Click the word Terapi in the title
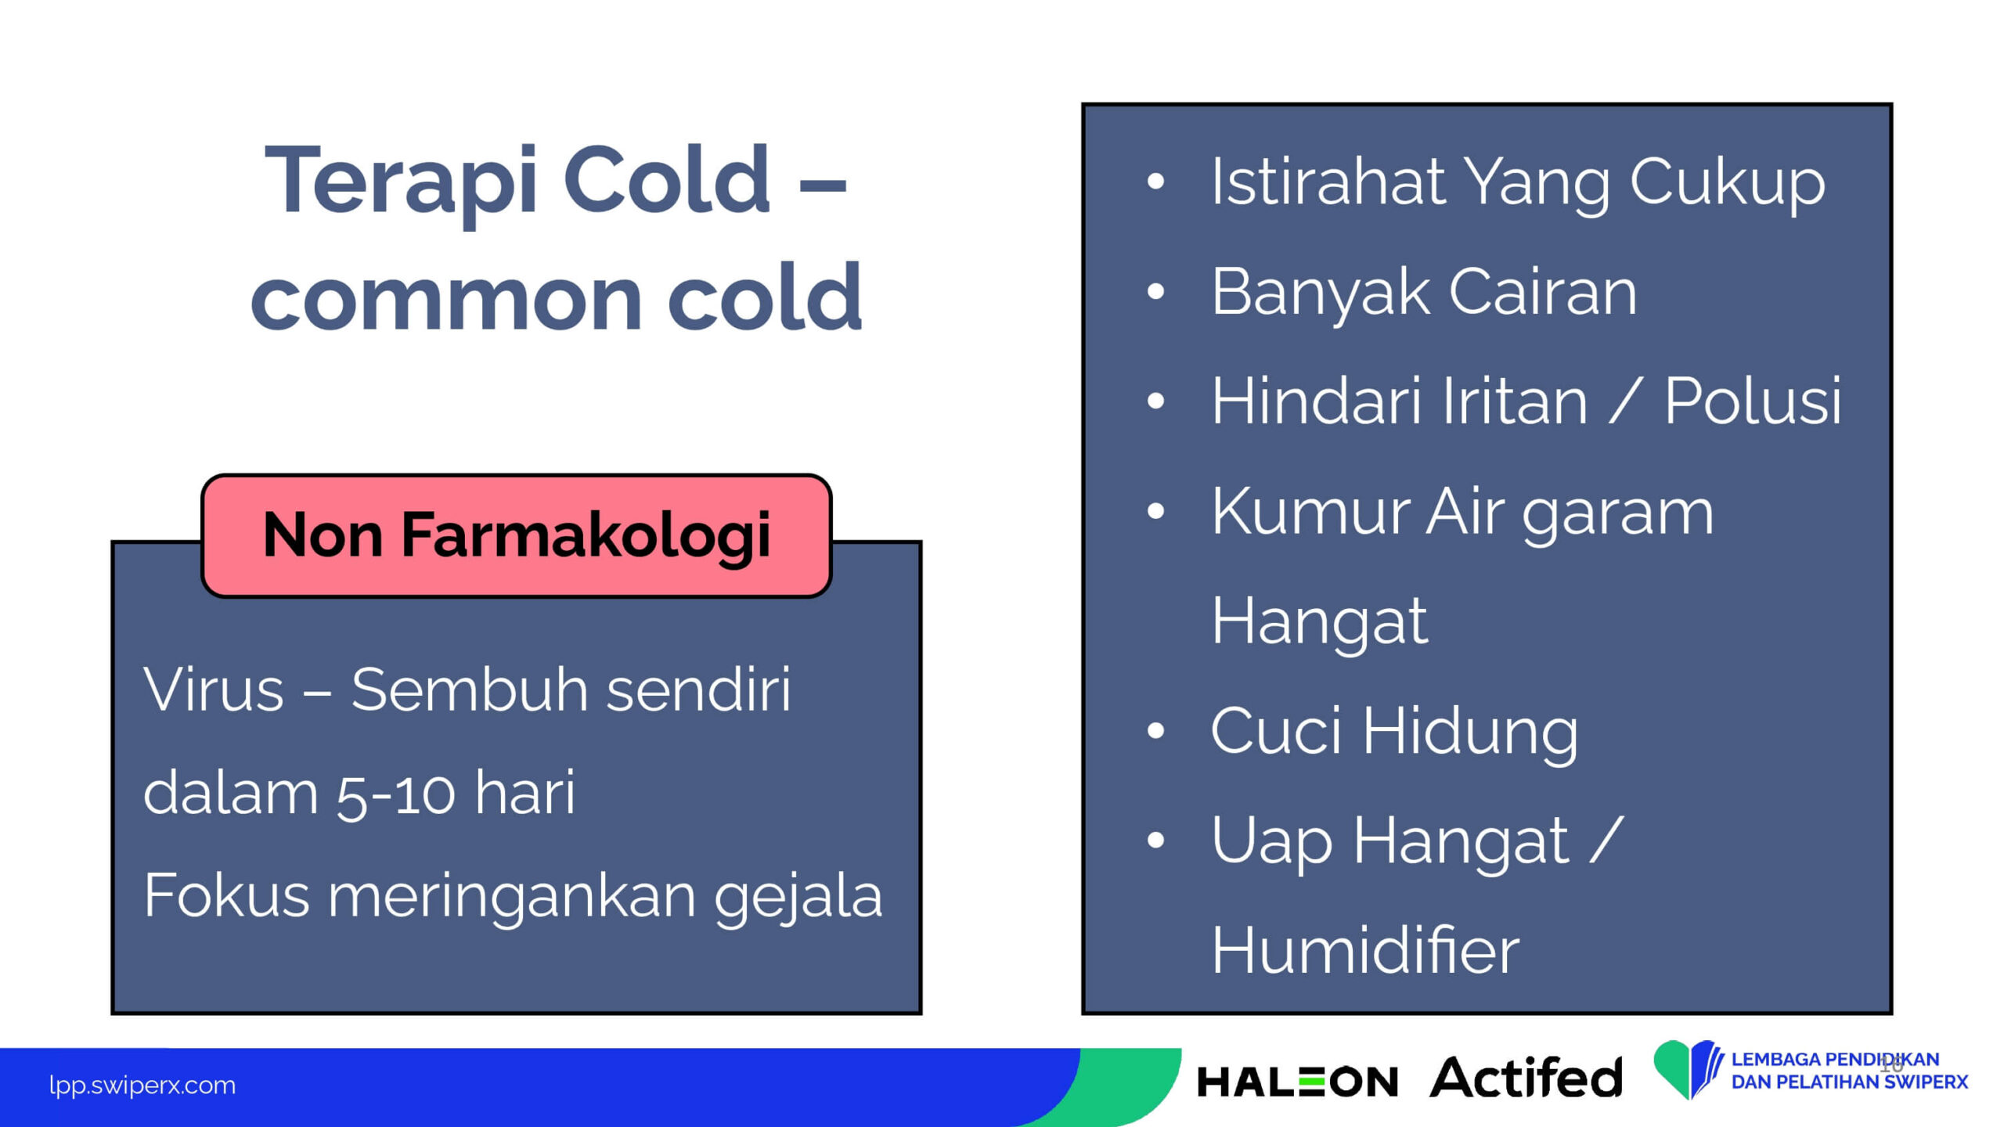click(401, 182)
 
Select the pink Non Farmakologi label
click(517, 535)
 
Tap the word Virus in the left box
click(213, 690)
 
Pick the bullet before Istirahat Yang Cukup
click(1155, 182)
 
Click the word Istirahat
click(1328, 182)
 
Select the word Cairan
click(1542, 292)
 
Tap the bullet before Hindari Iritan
click(1155, 401)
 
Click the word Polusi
click(1752, 401)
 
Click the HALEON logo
click(1297, 1082)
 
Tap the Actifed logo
click(1526, 1078)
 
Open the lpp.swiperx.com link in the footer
click(142, 1086)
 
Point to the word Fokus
click(226, 895)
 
